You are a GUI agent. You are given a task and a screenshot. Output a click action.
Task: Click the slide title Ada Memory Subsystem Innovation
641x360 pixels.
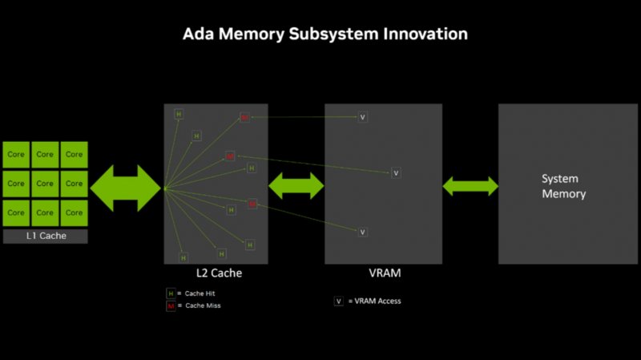[x=325, y=34]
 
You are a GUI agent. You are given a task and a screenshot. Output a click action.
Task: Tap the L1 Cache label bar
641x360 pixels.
[x=46, y=236]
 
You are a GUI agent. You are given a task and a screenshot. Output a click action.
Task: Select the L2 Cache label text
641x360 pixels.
[x=216, y=273]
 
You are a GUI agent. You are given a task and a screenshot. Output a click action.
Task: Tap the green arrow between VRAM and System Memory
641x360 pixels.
[x=470, y=186]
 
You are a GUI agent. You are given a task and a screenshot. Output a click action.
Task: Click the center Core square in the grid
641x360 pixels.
[x=45, y=184]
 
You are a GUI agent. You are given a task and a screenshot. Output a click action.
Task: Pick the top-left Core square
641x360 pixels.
[x=16, y=154]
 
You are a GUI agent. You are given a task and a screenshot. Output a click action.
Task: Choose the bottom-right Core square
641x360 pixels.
[x=74, y=212]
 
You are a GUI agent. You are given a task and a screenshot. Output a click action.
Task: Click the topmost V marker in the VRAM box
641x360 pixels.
[x=362, y=117]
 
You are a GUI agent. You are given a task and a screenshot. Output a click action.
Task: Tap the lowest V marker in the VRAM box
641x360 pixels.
[x=362, y=232]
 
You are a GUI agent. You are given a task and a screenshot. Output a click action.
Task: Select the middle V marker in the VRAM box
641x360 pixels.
[x=395, y=173]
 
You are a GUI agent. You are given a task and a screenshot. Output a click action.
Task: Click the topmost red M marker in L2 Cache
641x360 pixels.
[x=245, y=118]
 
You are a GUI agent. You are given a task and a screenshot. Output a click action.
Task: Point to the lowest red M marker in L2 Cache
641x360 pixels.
[x=252, y=204]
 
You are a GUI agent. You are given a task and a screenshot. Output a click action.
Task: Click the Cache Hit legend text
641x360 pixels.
[x=199, y=293]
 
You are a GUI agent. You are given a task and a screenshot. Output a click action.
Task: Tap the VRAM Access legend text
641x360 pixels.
[x=377, y=301]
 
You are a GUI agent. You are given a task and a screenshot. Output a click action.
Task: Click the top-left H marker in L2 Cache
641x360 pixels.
[x=178, y=114]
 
